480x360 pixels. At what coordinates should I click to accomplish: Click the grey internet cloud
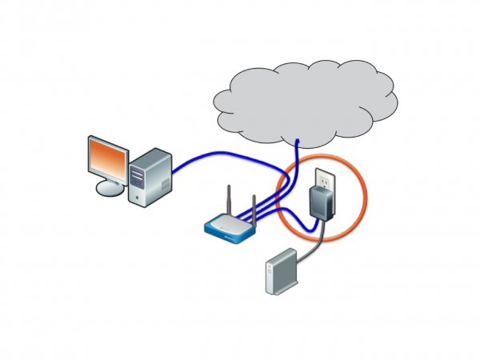(304, 96)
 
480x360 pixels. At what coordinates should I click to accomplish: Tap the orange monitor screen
(106, 158)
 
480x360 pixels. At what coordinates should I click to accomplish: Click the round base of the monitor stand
(111, 188)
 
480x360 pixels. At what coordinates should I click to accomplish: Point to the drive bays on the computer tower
(142, 168)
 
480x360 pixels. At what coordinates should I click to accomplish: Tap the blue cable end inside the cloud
(298, 144)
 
